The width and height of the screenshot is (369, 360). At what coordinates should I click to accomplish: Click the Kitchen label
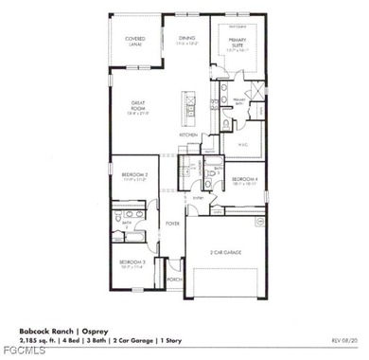(188, 135)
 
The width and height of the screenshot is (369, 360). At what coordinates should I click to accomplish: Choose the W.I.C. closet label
(243, 145)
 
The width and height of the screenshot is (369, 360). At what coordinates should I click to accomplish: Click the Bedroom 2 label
(128, 175)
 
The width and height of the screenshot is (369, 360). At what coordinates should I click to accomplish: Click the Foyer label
(173, 224)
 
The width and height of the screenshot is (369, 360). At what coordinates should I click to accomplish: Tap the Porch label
(174, 279)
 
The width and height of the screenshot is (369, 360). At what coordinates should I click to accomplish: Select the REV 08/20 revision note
(343, 340)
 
